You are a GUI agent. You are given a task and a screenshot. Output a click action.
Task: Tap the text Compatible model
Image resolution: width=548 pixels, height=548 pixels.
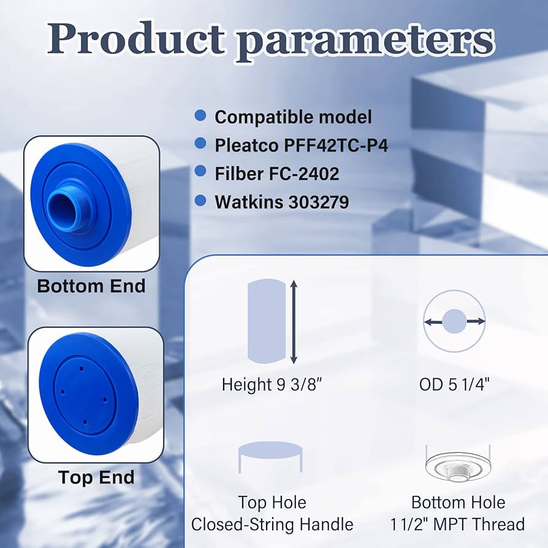tap(293, 116)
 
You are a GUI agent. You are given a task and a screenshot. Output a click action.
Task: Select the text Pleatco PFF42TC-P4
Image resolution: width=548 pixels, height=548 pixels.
tap(301, 145)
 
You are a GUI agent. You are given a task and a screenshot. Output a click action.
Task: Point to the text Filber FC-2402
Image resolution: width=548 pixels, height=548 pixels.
tap(276, 173)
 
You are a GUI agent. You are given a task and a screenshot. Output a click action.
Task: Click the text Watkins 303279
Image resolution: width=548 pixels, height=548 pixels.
tap(281, 202)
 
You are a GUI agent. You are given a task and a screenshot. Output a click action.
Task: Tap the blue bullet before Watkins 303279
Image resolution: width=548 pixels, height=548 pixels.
tap(200, 200)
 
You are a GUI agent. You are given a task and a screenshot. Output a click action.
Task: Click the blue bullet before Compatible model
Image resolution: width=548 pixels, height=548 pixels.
tap(200, 115)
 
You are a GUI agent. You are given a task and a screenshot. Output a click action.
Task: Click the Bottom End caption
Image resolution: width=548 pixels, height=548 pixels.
tap(91, 286)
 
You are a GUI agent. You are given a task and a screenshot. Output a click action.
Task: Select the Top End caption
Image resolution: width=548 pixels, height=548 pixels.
tap(96, 477)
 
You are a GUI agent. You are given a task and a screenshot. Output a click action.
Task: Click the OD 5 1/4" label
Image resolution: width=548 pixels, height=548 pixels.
tap(454, 384)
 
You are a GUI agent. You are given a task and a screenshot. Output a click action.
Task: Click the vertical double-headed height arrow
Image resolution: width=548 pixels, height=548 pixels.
tap(294, 322)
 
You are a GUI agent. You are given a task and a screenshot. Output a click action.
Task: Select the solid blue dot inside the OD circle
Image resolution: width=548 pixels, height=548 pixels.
tap(454, 321)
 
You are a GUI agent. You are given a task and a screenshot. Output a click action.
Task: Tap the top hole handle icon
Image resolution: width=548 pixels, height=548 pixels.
tap(270, 457)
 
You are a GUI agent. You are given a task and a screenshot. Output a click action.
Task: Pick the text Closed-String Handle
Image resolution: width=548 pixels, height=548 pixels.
tap(272, 525)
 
